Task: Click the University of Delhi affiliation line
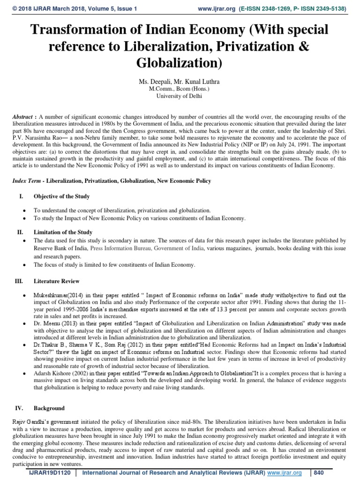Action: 180,96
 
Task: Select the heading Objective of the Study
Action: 61,196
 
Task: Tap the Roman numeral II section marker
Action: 20,232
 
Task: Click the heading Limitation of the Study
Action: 63,232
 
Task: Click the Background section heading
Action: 49,408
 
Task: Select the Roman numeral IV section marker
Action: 20,408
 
